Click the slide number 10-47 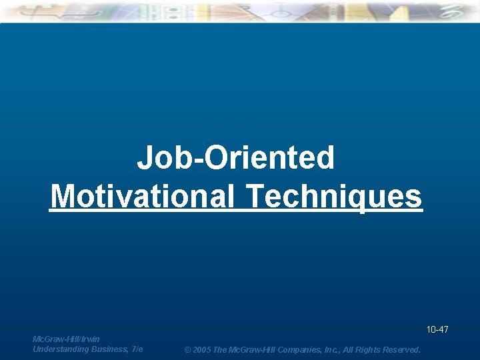click(x=437, y=329)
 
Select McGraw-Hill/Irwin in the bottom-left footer click(x=66, y=339)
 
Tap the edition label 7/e click(x=137, y=349)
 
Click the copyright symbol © click(x=187, y=350)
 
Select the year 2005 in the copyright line click(x=202, y=350)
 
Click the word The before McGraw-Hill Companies click(x=221, y=350)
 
